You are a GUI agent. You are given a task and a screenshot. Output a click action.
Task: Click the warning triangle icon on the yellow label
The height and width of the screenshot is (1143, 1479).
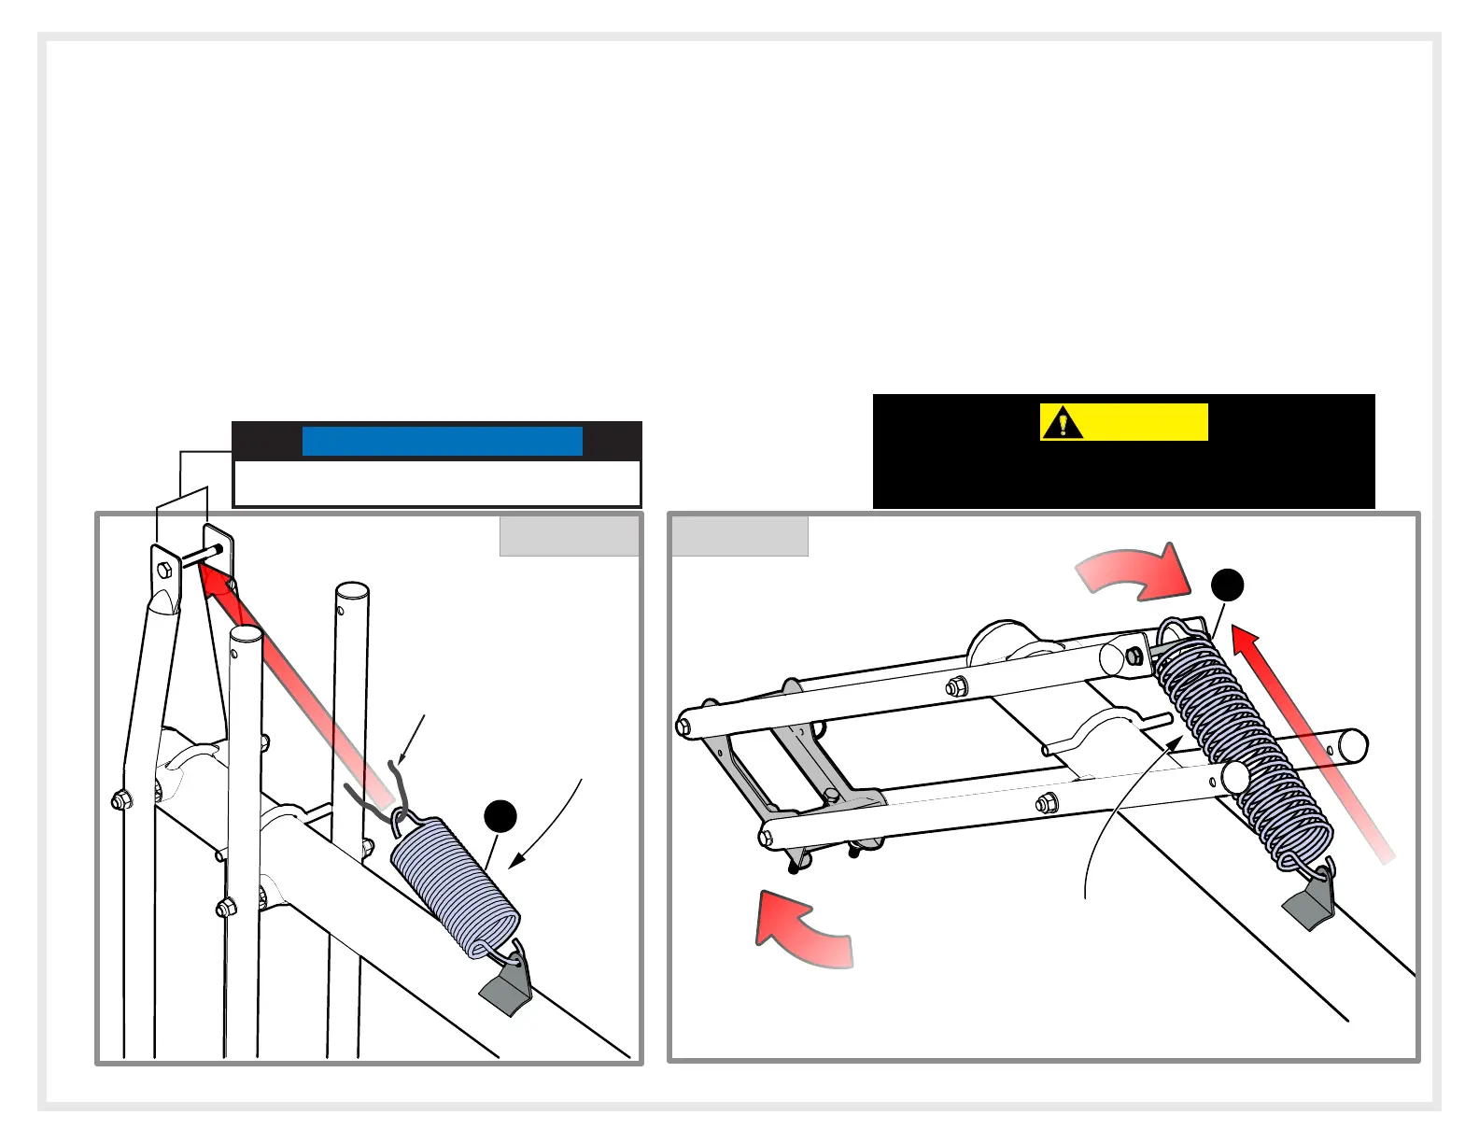tap(1062, 424)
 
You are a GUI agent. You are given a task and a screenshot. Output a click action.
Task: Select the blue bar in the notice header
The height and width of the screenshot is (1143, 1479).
tap(442, 441)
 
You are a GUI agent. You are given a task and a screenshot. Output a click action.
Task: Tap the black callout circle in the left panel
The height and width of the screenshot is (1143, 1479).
tap(500, 815)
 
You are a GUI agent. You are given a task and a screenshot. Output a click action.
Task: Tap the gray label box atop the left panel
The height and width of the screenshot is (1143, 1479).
tap(570, 536)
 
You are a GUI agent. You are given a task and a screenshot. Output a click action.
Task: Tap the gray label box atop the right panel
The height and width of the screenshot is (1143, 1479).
tap(739, 536)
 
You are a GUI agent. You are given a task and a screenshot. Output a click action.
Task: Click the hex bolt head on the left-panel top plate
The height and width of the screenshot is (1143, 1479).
tap(165, 570)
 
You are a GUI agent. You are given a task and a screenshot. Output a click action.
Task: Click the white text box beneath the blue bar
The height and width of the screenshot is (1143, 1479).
tap(436, 483)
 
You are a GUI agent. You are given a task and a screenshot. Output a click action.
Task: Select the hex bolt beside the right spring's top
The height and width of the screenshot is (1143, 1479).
tap(1134, 656)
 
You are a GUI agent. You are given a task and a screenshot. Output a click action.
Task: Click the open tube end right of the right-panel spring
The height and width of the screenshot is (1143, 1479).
tap(1354, 745)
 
